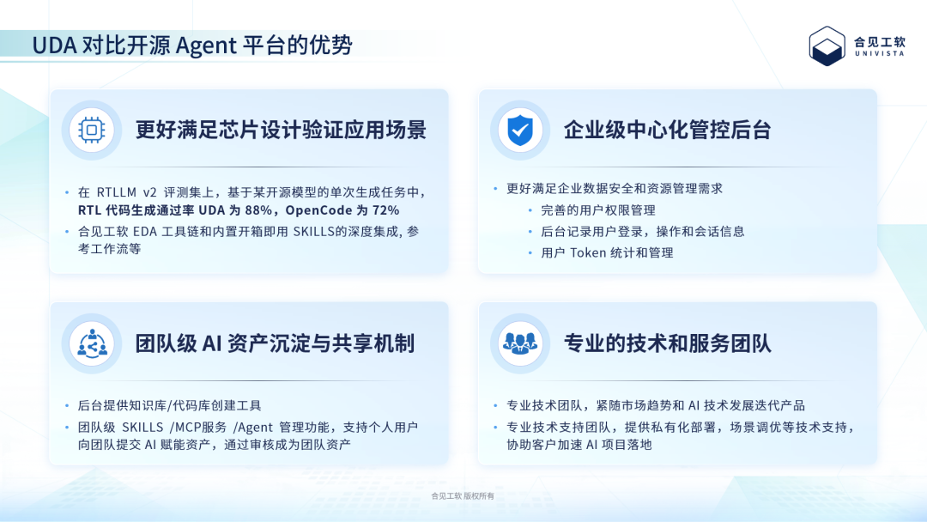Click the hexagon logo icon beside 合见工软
(827, 46)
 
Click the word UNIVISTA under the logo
(880, 53)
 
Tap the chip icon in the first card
(92, 130)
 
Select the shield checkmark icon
(520, 130)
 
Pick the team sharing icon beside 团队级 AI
(92, 343)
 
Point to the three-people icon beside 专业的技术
(520, 343)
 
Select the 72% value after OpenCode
(386, 210)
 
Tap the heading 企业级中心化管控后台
(668, 130)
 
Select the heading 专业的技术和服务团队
(668, 343)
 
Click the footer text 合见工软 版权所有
(463, 496)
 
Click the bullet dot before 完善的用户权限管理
(530, 210)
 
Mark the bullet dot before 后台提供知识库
(68, 405)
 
